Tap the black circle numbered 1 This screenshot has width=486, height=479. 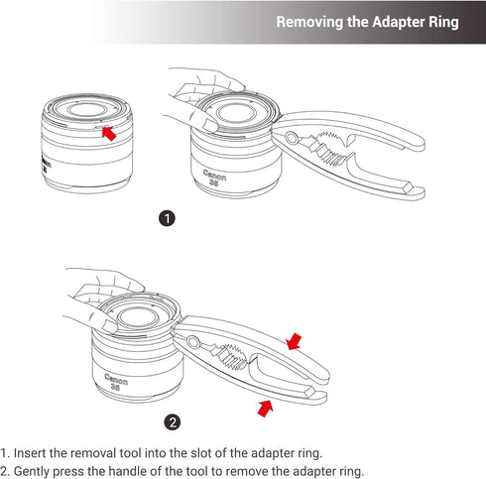click(168, 219)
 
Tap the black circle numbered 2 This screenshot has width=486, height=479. click(174, 421)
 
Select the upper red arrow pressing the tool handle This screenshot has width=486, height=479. click(295, 343)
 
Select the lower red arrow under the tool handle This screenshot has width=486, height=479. click(265, 407)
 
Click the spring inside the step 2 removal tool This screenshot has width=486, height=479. click(238, 355)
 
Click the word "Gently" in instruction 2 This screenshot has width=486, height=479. click(39, 470)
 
